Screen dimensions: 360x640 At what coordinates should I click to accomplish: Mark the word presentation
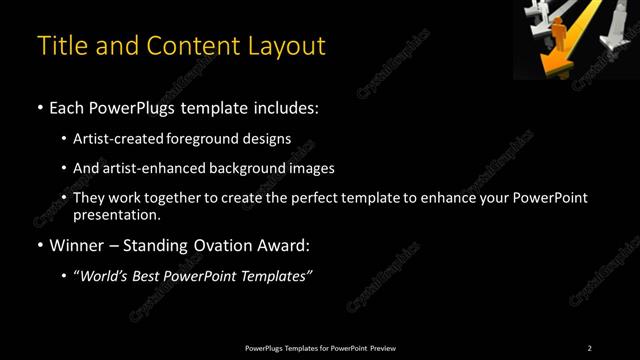tap(116, 214)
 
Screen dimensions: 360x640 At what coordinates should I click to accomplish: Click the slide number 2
tap(589, 348)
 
